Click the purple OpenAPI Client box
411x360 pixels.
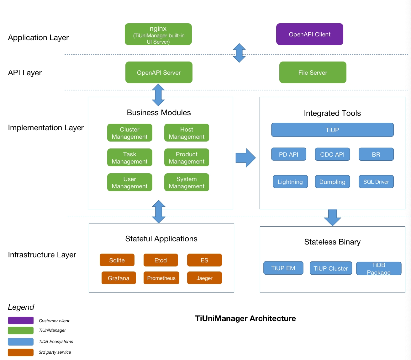coord(309,34)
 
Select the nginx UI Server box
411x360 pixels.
coord(158,34)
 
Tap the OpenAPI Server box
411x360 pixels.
coord(159,73)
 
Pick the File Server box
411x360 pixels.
coord(313,73)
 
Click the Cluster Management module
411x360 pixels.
coord(129,133)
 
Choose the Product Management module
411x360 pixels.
coord(187,158)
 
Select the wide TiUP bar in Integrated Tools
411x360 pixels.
coord(332,130)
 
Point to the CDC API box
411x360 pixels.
coord(332,154)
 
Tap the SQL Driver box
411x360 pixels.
coord(376,182)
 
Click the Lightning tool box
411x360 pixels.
coord(290,182)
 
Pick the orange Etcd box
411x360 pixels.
coord(161,260)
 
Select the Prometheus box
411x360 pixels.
coord(161,278)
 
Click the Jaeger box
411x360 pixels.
coord(204,278)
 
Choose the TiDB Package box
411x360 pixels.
coord(378,269)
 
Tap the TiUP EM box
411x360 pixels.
coord(283,268)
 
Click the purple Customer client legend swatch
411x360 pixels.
coord(21,320)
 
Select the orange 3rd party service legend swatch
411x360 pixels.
coord(21,352)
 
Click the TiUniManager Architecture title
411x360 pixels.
coord(245,319)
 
